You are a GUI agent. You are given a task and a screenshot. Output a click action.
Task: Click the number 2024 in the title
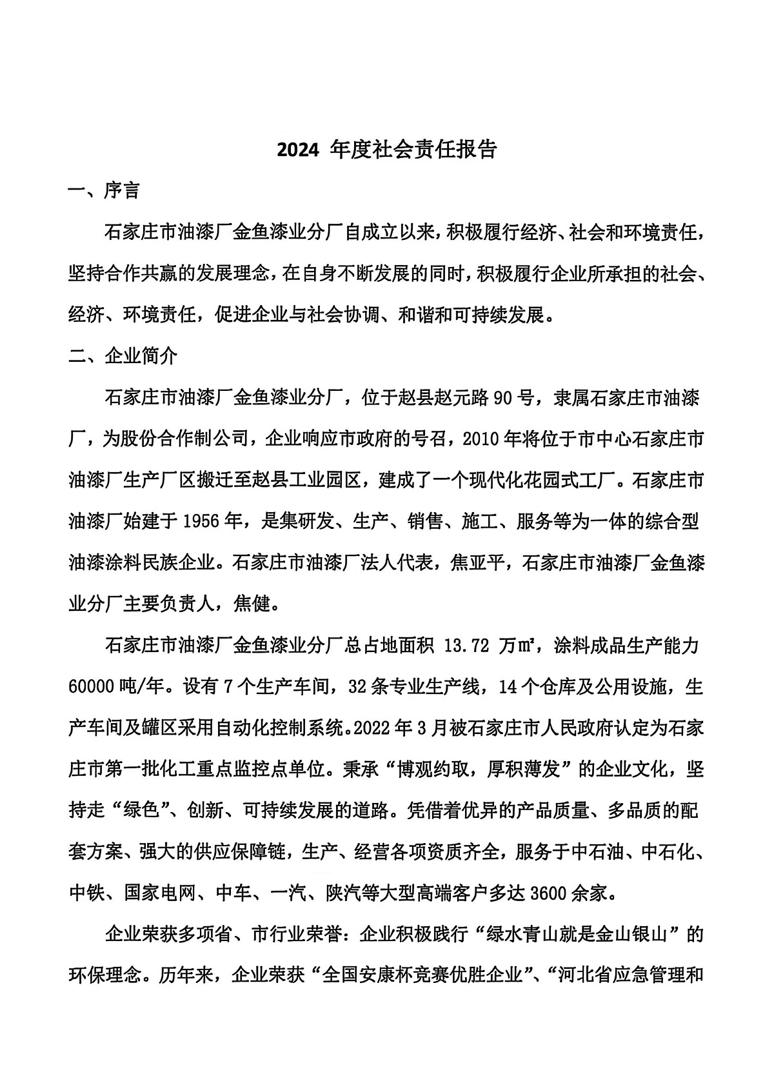(297, 150)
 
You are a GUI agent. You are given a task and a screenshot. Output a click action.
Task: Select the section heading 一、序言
(104, 191)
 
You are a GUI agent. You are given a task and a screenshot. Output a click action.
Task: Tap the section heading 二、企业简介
(123, 355)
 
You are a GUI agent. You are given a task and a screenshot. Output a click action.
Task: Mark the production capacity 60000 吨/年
(119, 687)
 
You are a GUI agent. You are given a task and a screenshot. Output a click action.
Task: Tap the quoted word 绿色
(141, 811)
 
